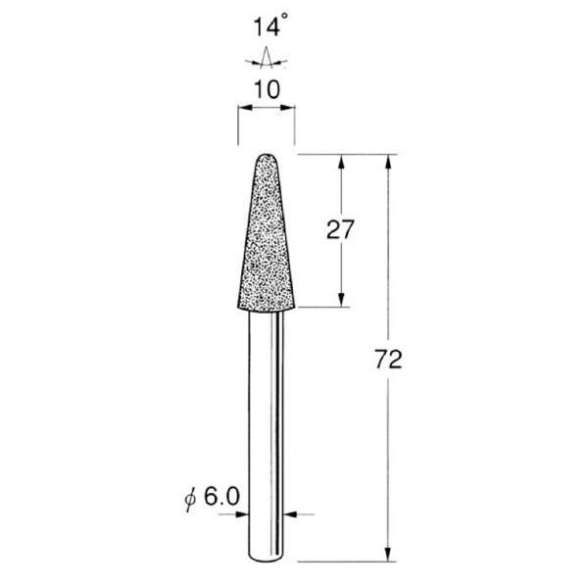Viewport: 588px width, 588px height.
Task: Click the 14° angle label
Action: point(270,25)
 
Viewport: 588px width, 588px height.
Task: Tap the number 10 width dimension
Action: point(267,90)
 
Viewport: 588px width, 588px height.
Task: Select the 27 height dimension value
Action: point(340,229)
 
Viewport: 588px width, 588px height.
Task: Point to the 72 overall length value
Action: point(388,359)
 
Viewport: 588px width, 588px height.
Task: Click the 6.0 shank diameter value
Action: point(221,497)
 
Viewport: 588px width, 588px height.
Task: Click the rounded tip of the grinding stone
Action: point(267,156)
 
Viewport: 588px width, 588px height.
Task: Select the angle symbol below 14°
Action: point(267,59)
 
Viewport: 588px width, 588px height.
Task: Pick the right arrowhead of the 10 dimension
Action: point(287,108)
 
